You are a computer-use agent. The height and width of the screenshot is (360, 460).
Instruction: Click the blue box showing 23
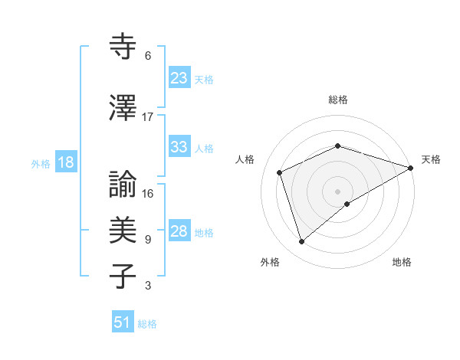(x=179, y=78)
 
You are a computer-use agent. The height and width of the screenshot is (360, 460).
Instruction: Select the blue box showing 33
(x=179, y=147)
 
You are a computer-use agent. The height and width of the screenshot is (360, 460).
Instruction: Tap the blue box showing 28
(x=179, y=231)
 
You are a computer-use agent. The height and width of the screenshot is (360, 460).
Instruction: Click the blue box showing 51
(x=123, y=322)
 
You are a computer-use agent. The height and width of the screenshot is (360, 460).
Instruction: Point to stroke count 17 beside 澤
(x=148, y=117)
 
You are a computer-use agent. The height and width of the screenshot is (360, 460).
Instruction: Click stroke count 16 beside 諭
(x=148, y=194)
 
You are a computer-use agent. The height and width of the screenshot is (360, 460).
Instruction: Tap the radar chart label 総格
(x=338, y=100)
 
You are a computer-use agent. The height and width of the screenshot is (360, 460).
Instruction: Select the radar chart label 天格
(x=431, y=159)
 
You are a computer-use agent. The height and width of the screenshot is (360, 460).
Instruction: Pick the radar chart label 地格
(x=402, y=262)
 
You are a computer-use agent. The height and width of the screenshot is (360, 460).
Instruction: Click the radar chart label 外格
(x=270, y=262)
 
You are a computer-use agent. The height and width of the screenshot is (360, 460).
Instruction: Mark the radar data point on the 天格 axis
(x=411, y=168)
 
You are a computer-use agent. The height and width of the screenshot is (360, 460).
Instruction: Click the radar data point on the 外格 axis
(x=301, y=242)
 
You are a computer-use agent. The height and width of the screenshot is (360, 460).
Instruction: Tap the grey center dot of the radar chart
(x=337, y=191)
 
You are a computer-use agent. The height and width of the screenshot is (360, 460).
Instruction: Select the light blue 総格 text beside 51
(x=147, y=324)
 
